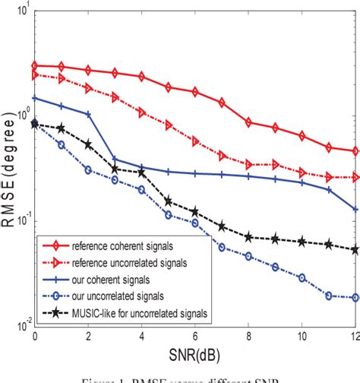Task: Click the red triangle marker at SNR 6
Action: (x=196, y=141)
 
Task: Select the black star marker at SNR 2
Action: (x=89, y=144)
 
